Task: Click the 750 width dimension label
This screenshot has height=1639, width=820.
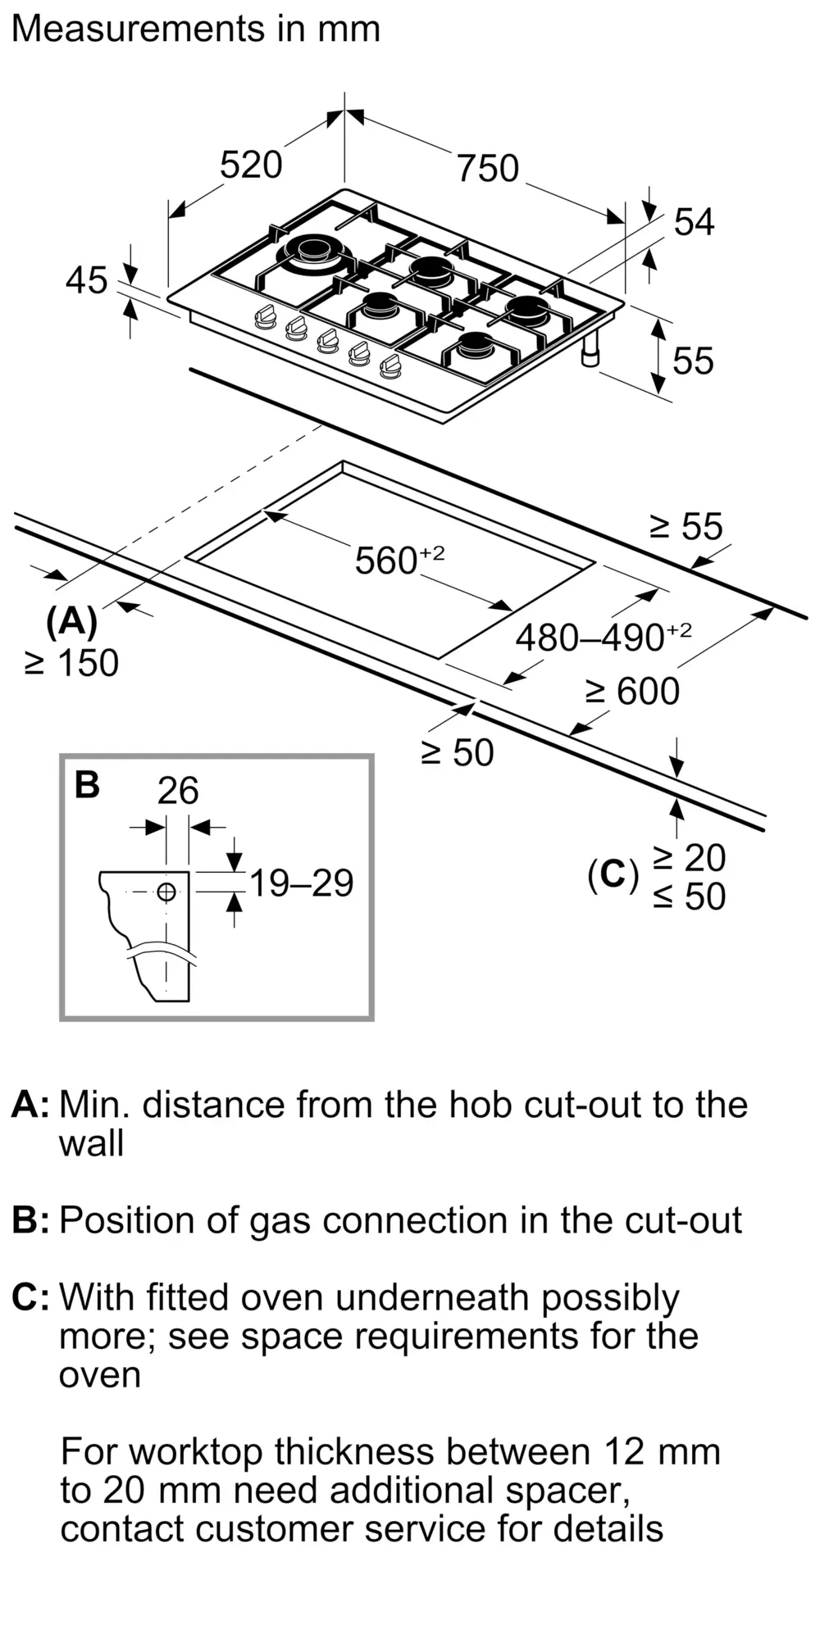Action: click(488, 168)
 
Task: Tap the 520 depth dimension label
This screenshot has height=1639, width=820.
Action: click(251, 164)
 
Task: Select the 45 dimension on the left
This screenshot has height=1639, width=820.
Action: click(87, 280)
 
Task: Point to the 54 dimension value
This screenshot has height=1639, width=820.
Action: click(694, 222)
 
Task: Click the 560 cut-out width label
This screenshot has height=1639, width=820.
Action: click(399, 560)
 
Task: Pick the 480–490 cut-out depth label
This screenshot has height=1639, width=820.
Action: click(604, 637)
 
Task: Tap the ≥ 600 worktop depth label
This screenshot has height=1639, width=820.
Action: click(632, 692)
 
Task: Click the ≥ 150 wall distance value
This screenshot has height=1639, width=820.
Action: click(72, 663)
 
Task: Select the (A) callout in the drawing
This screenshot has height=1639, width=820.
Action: click(72, 623)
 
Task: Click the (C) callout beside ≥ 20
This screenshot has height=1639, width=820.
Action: click(613, 875)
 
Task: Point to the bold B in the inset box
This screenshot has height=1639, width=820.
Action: click(87, 784)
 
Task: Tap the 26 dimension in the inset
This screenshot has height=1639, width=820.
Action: click(178, 791)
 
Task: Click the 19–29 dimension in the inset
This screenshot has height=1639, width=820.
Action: click(301, 883)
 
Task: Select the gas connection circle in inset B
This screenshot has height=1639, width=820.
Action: click(166, 892)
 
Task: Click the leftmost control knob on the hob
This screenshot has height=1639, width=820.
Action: click(265, 316)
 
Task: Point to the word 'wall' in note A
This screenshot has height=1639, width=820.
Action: click(91, 1143)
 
